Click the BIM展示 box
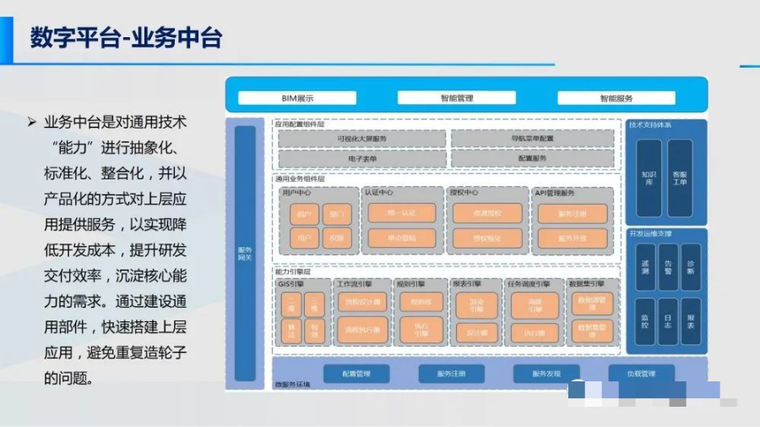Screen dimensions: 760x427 tap(297, 98)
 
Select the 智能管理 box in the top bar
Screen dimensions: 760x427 tap(456, 98)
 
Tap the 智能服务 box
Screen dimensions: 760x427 tap(616, 98)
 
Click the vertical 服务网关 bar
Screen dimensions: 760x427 tap(245, 254)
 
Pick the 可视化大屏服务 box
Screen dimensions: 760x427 tap(361, 138)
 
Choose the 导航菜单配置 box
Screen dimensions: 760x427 tap(532, 138)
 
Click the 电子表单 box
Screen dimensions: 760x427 tap(361, 158)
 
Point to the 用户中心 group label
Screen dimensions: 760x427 tap(296, 193)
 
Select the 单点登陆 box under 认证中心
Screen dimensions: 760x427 tap(402, 238)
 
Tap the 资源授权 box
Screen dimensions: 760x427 tap(487, 213)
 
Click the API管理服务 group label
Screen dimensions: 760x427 tap(555, 193)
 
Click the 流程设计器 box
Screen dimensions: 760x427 tap(362, 302)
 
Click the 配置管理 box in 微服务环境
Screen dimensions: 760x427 tap(356, 374)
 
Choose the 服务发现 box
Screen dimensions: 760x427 tap(546, 374)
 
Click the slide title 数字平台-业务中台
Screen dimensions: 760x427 tap(126, 38)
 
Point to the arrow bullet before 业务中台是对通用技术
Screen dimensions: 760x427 tap(32, 123)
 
